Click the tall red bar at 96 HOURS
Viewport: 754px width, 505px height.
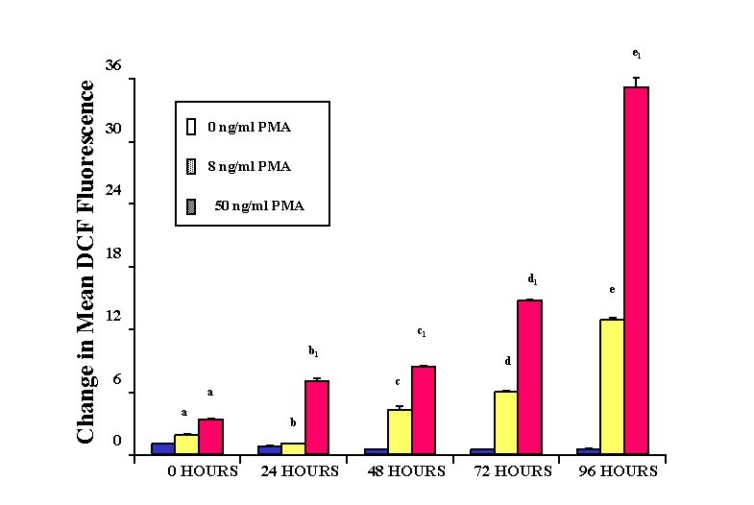pyautogui.click(x=636, y=270)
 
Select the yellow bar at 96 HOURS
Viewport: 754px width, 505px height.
pyautogui.click(x=612, y=386)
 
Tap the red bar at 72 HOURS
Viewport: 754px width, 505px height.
pyautogui.click(x=530, y=376)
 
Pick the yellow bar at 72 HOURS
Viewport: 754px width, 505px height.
pyautogui.click(x=506, y=422)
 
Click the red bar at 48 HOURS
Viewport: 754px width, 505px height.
pyautogui.click(x=424, y=410)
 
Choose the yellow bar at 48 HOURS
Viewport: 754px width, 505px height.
pyautogui.click(x=400, y=431)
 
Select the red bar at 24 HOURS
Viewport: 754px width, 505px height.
pyautogui.click(x=317, y=417)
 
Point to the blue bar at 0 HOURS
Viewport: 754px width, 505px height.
pyautogui.click(x=162, y=448)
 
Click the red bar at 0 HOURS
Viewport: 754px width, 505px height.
pyautogui.click(x=210, y=436)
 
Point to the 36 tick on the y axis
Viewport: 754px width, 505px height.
pyautogui.click(x=114, y=65)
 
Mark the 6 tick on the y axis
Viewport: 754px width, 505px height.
pyautogui.click(x=117, y=379)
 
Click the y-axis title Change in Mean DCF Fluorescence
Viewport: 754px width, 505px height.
pyautogui.click(x=85, y=261)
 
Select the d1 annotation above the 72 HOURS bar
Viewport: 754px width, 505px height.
pyautogui.click(x=532, y=279)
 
